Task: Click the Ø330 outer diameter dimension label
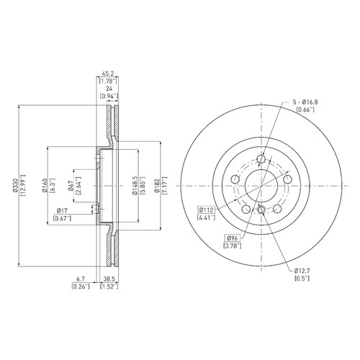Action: (x=16, y=185)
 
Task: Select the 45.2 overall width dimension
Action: (x=107, y=73)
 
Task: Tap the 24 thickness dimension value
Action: (x=109, y=89)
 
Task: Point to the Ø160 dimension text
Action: (x=45, y=185)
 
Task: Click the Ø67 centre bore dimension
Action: (x=71, y=185)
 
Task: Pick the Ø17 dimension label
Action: (x=62, y=211)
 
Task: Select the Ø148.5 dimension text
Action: (x=135, y=185)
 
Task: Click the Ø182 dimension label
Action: (x=157, y=185)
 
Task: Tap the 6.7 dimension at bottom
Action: (x=81, y=279)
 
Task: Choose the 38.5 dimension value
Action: (x=109, y=279)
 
